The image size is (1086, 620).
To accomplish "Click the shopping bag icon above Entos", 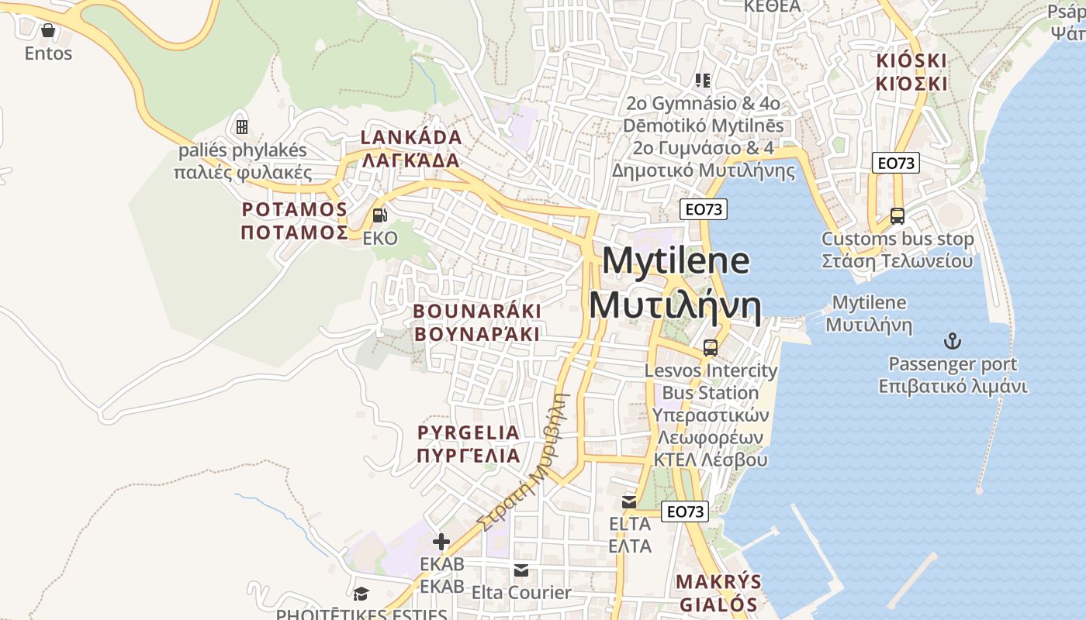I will click(x=48, y=30).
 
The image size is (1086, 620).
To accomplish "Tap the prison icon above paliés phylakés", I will click(x=242, y=126).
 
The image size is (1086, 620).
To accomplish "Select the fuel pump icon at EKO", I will click(x=379, y=215).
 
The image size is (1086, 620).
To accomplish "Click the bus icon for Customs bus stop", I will click(x=898, y=216).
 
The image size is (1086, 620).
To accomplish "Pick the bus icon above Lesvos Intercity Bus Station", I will click(x=710, y=348).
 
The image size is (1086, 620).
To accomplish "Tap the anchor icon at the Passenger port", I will click(x=952, y=341).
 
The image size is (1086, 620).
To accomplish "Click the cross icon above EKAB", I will click(x=441, y=541).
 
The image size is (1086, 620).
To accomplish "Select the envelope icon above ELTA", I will click(x=629, y=502).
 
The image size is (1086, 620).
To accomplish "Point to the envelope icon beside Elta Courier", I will click(x=521, y=570).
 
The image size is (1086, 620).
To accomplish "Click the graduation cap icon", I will click(x=361, y=594).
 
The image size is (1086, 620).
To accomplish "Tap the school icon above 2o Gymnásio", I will click(x=703, y=80).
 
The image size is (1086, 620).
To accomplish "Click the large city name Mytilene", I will click(x=675, y=261).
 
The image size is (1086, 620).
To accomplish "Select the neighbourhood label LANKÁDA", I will click(x=411, y=138).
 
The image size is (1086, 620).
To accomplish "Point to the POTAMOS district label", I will click(x=294, y=210).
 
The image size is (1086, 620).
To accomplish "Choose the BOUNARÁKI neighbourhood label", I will click(x=477, y=312).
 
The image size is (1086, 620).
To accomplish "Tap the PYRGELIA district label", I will click(x=469, y=432).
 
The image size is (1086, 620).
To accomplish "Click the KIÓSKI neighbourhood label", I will click(x=912, y=61).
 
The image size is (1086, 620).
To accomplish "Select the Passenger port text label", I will click(x=953, y=364).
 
